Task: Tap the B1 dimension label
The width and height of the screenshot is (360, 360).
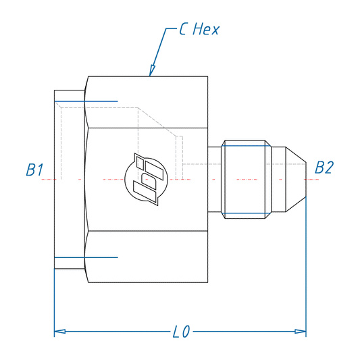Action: (x=34, y=169)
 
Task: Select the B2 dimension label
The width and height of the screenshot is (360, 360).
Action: (x=325, y=167)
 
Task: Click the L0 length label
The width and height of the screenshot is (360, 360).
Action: (x=181, y=332)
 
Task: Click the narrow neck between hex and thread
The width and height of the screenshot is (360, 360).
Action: (x=215, y=179)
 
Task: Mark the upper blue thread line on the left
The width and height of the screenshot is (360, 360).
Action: (x=88, y=102)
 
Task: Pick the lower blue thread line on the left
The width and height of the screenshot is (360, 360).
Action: (x=88, y=257)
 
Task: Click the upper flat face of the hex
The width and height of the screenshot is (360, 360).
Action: (x=147, y=101)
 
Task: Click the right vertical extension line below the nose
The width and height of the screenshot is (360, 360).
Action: (x=306, y=270)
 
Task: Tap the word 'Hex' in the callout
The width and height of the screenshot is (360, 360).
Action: (x=207, y=30)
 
